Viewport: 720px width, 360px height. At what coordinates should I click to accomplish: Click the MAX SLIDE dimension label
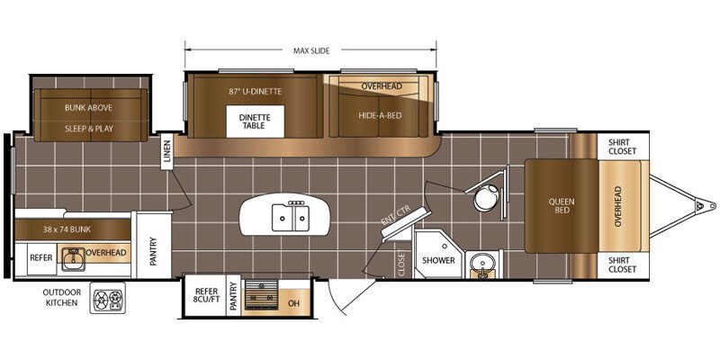click(311, 51)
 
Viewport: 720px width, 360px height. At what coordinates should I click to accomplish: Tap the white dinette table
click(255, 121)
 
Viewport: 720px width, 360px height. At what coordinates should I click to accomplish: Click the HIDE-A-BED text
click(380, 115)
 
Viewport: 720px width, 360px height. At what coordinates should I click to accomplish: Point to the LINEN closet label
click(166, 152)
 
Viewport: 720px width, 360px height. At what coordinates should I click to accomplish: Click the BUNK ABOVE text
click(88, 107)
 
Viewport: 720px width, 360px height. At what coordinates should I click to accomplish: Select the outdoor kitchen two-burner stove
click(107, 298)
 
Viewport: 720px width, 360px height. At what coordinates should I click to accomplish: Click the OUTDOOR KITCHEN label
click(61, 298)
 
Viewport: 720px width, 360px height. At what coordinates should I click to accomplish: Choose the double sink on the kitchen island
click(289, 217)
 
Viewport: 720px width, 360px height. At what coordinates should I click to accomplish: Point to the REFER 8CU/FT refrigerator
click(205, 295)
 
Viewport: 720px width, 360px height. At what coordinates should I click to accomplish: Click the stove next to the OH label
click(261, 294)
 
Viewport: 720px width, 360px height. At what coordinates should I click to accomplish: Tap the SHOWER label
click(438, 260)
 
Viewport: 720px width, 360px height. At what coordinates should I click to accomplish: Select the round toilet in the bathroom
click(486, 197)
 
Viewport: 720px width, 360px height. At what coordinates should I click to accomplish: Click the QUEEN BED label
click(562, 206)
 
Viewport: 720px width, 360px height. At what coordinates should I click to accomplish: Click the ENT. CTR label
click(395, 215)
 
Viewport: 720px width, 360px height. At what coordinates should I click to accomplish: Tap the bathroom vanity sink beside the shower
click(482, 264)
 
